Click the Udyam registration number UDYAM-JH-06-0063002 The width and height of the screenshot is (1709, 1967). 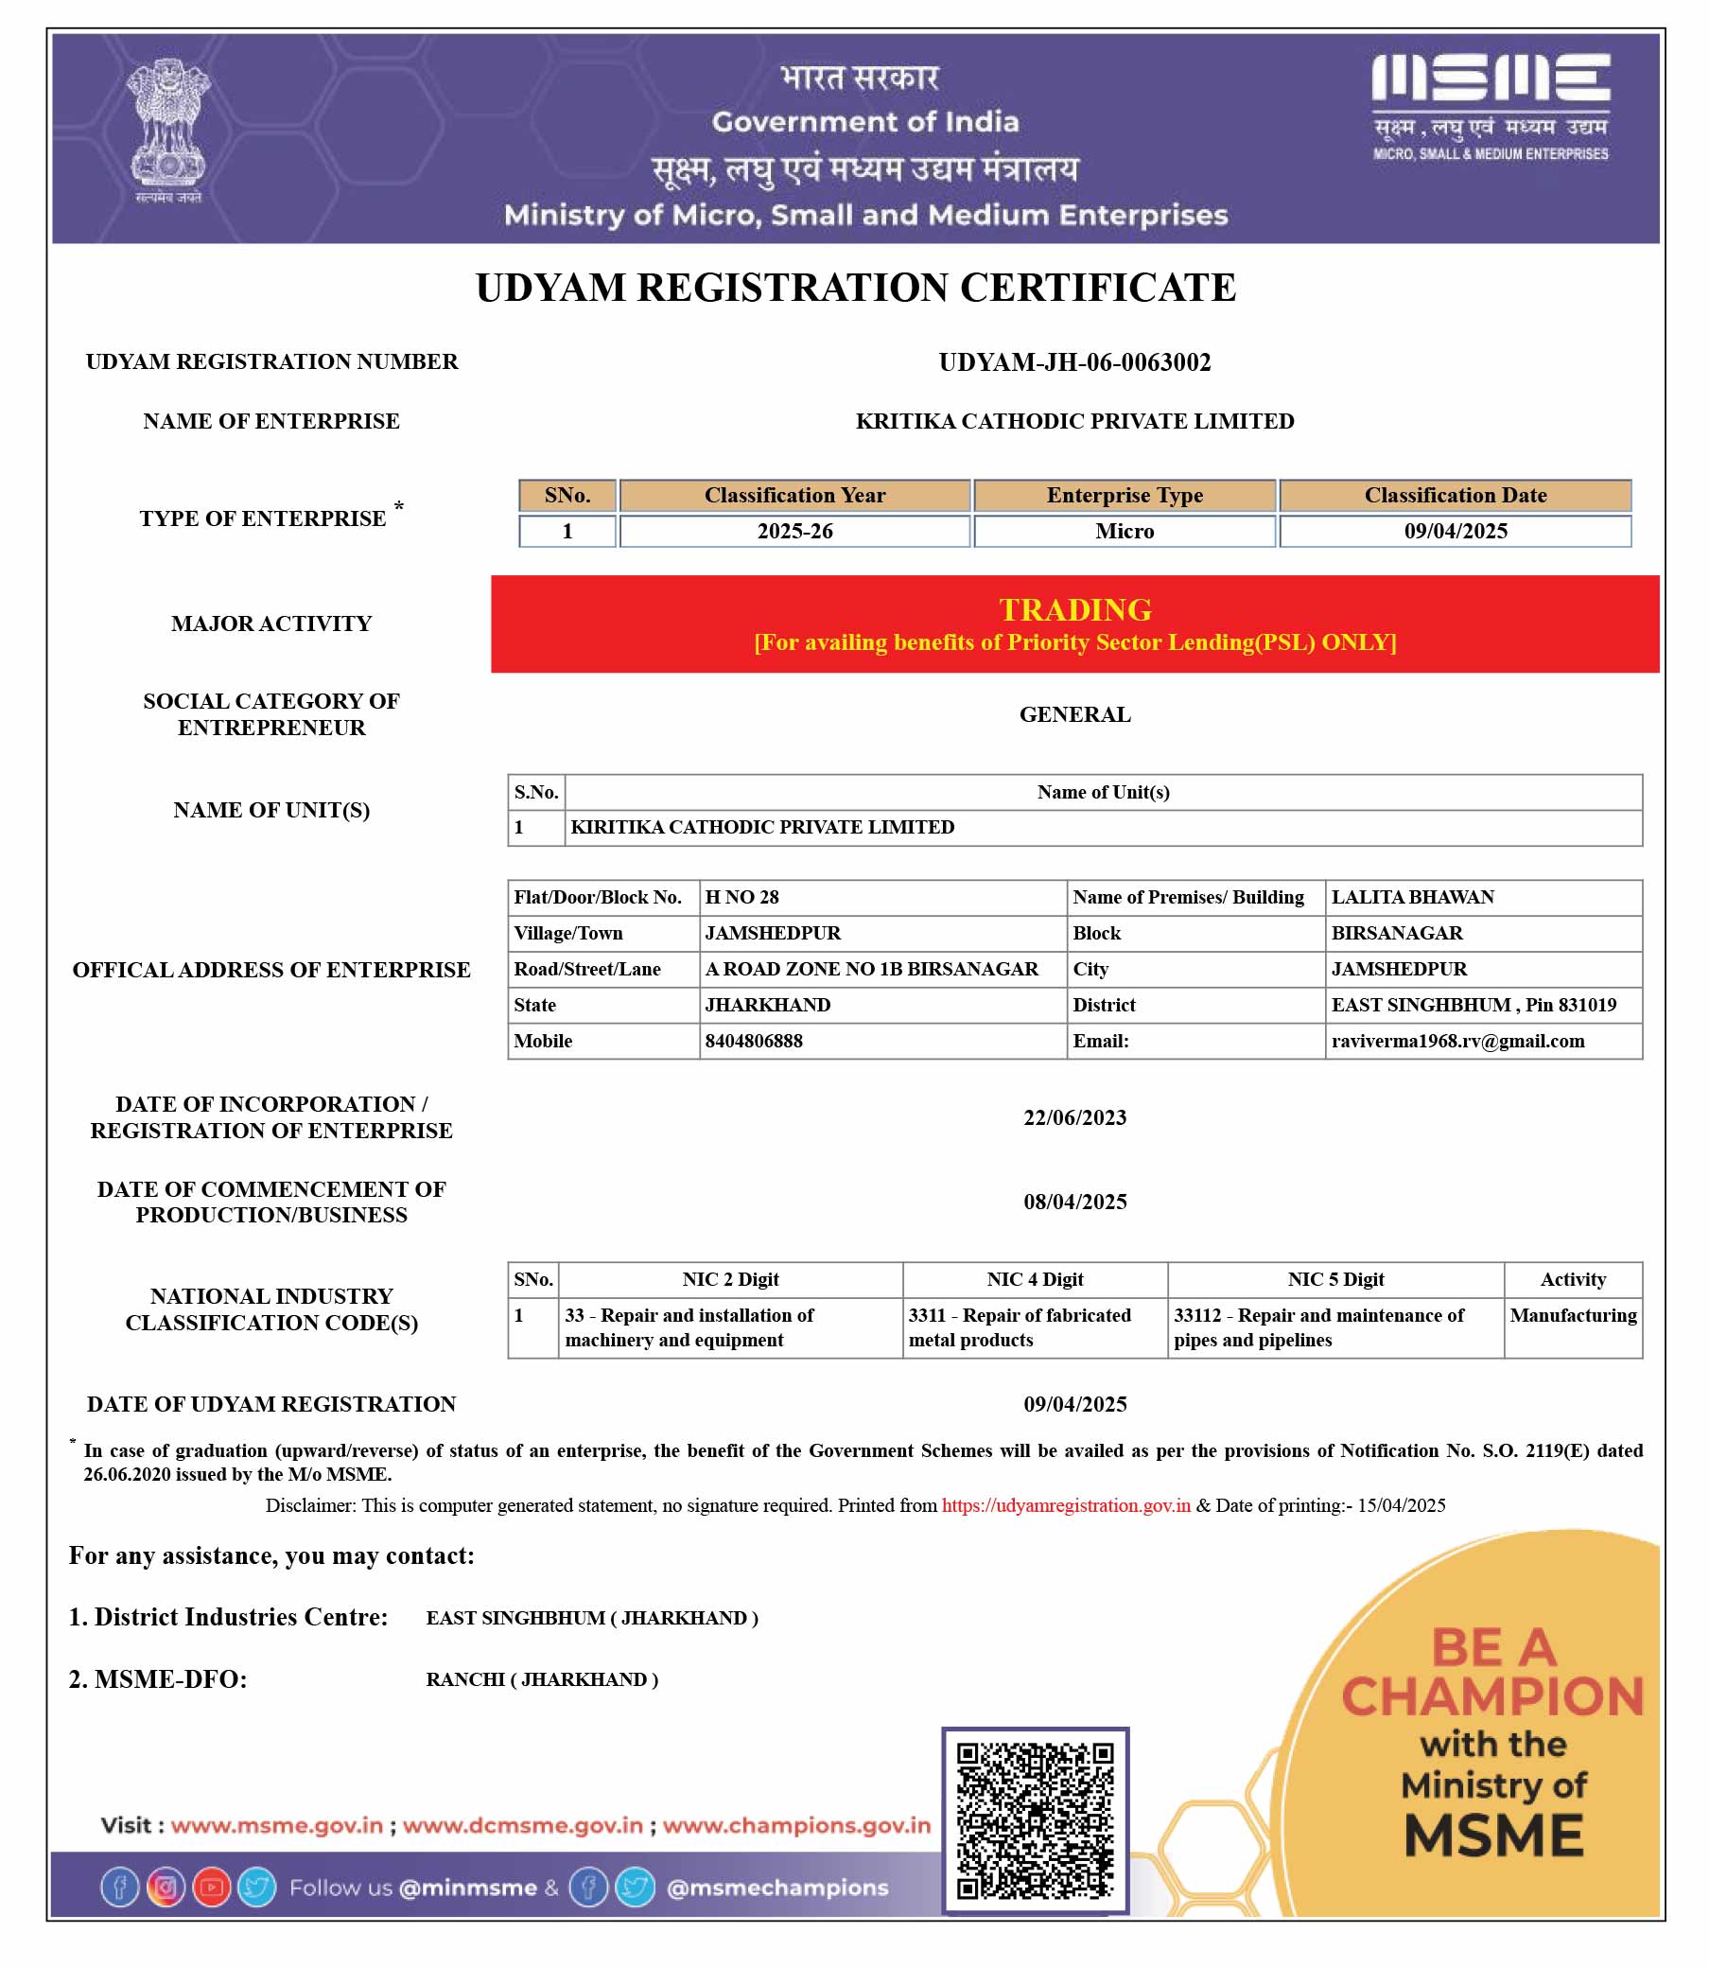[1073, 362]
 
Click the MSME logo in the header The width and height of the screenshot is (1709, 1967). [1490, 105]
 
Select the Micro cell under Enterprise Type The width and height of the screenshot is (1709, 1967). [1124, 532]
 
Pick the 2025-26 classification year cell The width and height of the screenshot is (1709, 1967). [794, 532]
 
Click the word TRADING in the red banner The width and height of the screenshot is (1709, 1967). [1073, 609]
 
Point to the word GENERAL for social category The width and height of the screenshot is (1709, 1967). [1073, 714]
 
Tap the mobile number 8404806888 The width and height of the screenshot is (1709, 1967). [754, 1041]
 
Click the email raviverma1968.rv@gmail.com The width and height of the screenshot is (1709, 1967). [1457, 1041]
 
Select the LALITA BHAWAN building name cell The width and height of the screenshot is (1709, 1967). [1412, 897]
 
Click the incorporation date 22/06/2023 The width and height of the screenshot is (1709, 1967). [1073, 1117]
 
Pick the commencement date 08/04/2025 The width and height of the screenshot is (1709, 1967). [1073, 1201]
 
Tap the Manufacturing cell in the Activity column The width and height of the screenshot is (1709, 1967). [1572, 1315]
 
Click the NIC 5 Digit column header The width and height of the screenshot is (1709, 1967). [1335, 1279]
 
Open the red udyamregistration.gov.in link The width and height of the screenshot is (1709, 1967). [1065, 1505]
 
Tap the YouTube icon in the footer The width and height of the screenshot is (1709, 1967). [212, 1887]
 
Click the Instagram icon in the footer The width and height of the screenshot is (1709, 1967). [166, 1887]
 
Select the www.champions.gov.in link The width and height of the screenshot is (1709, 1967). [796, 1825]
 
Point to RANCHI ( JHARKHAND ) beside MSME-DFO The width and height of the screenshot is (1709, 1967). [542, 1679]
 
